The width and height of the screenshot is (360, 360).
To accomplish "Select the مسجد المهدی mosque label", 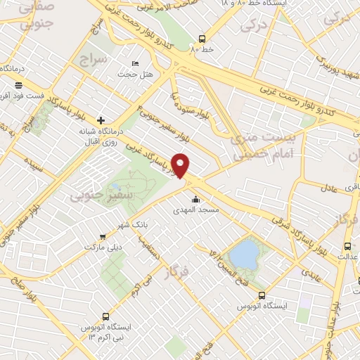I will point(198,210).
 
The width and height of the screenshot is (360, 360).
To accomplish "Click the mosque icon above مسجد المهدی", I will point(195,198).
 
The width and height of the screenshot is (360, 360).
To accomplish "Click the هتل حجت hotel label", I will point(129,73).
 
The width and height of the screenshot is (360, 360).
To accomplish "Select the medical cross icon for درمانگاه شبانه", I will point(101,120).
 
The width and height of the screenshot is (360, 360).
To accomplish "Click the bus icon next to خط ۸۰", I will point(202,39).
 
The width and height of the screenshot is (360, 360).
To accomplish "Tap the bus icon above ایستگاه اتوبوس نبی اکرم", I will point(105,316).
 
